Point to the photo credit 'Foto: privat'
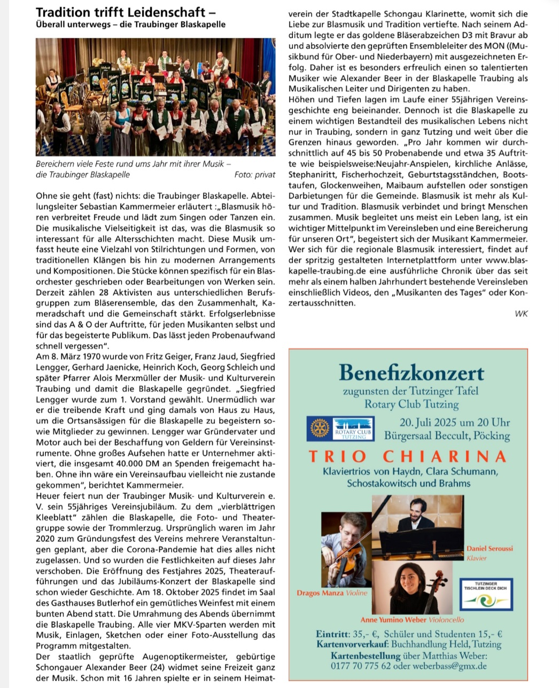[x=255, y=175]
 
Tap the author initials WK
[x=521, y=313]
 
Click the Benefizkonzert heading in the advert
[x=412, y=373]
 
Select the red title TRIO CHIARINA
[x=408, y=456]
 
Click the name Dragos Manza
[x=321, y=592]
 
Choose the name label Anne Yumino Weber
[x=393, y=620]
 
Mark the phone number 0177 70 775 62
[x=361, y=666]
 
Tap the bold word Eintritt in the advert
[x=332, y=635]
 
